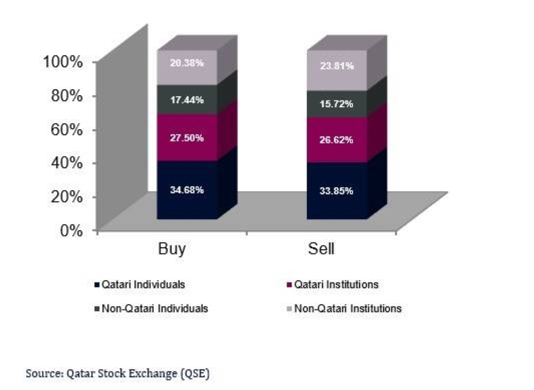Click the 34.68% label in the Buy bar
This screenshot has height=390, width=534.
(x=187, y=190)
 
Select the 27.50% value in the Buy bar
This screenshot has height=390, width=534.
(x=187, y=138)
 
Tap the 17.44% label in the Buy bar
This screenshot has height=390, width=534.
(x=187, y=100)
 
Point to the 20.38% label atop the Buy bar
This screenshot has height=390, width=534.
(x=187, y=62)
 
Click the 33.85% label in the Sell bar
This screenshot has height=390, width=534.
(x=336, y=190)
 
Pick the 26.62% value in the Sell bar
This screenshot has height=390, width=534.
(x=336, y=140)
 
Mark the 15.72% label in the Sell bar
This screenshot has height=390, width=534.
(x=336, y=104)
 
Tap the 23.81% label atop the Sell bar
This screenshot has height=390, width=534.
(x=336, y=66)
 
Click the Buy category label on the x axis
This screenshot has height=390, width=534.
(x=171, y=249)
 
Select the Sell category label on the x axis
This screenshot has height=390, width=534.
(x=321, y=249)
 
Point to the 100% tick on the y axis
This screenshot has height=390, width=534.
(x=62, y=62)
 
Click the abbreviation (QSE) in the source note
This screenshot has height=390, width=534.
(x=196, y=374)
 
